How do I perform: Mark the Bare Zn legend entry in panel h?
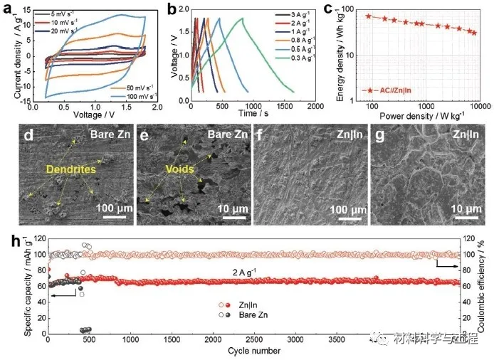click(250, 314)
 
